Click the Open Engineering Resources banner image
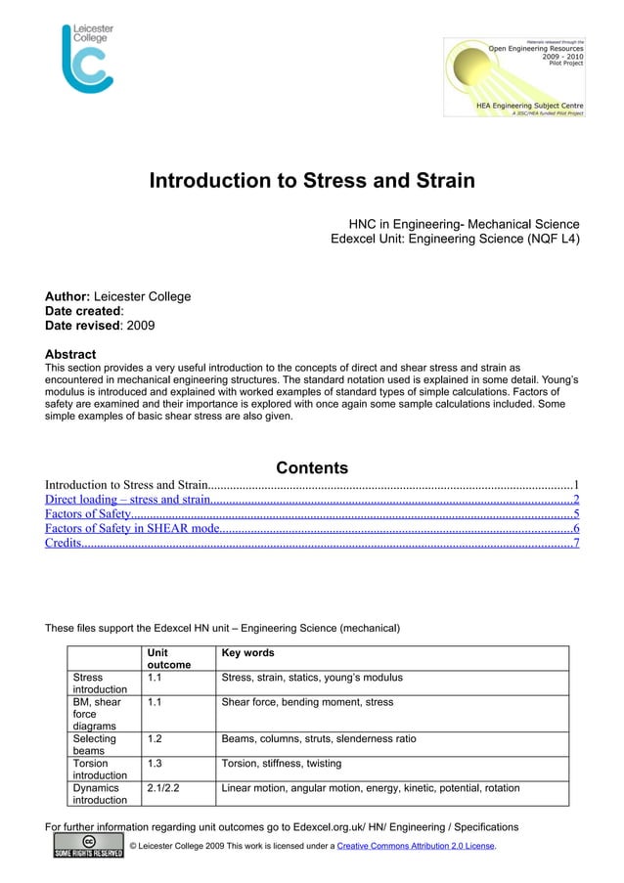[514, 78]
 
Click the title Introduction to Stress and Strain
[311, 182]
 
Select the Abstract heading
[70, 354]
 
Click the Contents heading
[312, 468]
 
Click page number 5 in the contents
[576, 514]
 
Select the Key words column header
[248, 653]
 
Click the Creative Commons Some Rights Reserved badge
[89, 846]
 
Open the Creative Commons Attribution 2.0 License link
[416, 845]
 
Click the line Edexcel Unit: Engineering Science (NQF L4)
[455, 238]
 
